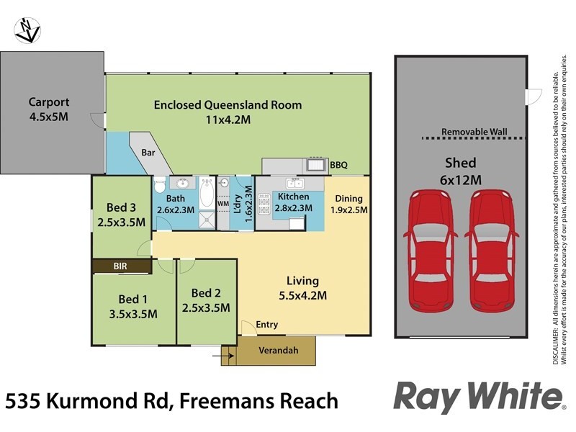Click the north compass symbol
click(27, 30)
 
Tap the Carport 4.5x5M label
click(49, 109)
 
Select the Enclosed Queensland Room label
click(228, 112)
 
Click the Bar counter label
click(148, 153)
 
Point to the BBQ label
click(338, 166)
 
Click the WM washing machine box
click(223, 204)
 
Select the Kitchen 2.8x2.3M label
click(293, 202)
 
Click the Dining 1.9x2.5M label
click(348, 204)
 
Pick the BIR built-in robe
click(120, 266)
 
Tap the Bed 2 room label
click(206, 300)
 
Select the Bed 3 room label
click(121, 215)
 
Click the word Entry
click(266, 325)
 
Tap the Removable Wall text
click(474, 132)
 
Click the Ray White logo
click(478, 397)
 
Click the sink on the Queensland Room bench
click(315, 166)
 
